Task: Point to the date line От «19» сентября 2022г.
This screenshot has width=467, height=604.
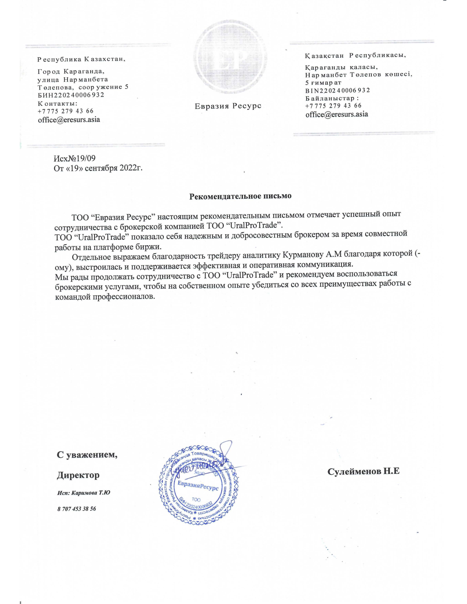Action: pos(98,168)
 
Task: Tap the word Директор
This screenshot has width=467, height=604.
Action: pos(78,475)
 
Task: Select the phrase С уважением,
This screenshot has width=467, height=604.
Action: pos(87,454)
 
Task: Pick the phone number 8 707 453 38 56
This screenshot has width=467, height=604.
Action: pos(77,509)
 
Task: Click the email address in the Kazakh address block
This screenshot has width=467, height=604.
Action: pos(337,114)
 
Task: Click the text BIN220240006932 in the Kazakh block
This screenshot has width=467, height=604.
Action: pos(338,90)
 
